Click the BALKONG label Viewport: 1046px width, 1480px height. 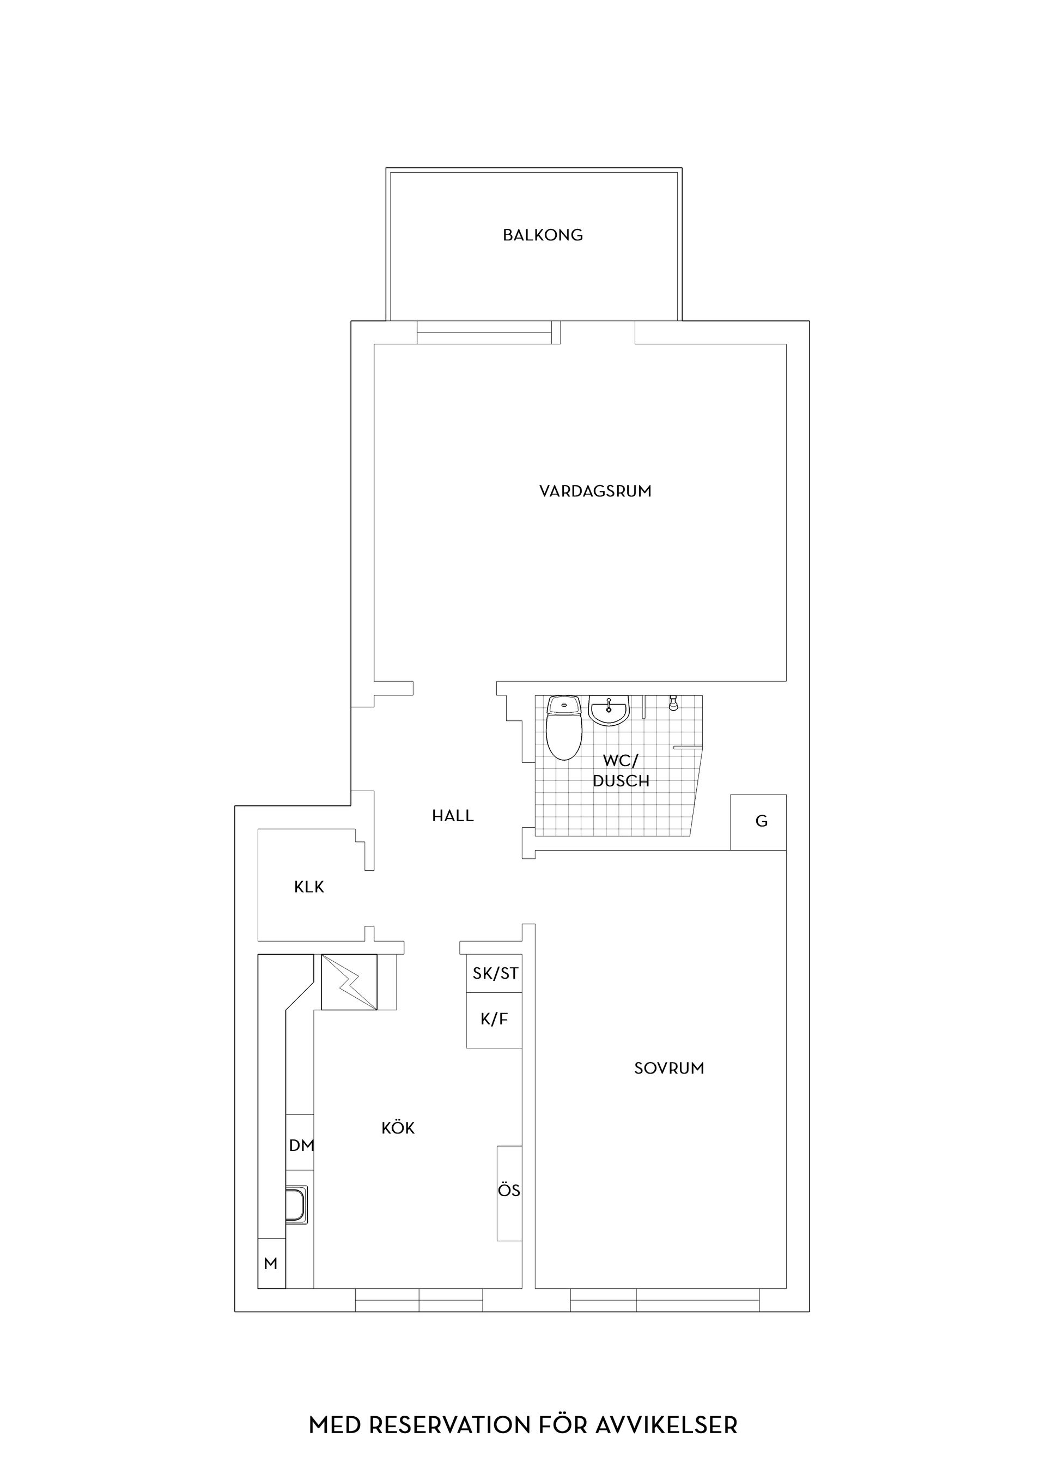point(543,235)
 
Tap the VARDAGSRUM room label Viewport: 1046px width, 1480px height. point(595,491)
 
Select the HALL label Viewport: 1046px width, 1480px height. point(453,816)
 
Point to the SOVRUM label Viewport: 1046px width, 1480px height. point(669,1069)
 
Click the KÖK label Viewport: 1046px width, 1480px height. point(398,1127)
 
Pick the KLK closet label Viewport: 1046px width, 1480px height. point(309,887)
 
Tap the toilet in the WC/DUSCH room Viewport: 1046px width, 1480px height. point(564,728)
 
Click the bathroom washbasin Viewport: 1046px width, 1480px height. point(609,711)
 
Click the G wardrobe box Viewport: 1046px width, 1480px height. point(758,822)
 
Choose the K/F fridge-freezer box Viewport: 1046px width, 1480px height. point(494,1021)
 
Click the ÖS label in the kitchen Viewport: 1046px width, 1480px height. point(509,1191)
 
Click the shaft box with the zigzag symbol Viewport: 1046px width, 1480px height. point(349,982)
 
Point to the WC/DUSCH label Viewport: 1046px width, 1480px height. point(621,771)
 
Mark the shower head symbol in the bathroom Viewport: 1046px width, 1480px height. point(673,702)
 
